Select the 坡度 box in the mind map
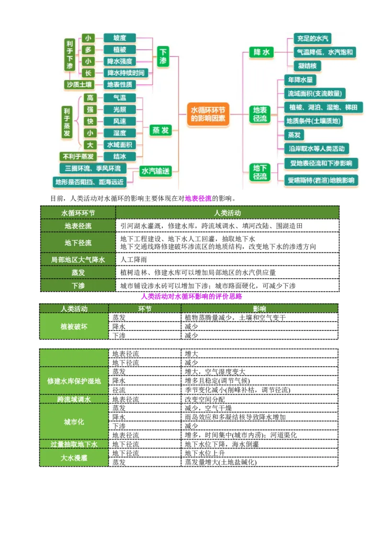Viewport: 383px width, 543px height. click(x=120, y=38)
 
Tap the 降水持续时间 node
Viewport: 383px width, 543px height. click(x=125, y=73)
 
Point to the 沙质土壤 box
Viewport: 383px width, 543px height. click(x=79, y=85)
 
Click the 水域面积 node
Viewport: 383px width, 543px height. click(x=120, y=145)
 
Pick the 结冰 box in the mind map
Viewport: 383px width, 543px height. click(x=120, y=157)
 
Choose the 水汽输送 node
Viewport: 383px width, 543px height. click(x=156, y=171)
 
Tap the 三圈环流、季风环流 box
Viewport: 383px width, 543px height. click(x=93, y=169)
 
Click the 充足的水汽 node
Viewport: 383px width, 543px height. click(x=313, y=39)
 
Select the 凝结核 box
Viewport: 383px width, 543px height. click(x=307, y=66)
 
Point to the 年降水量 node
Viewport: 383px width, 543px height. click(x=300, y=79)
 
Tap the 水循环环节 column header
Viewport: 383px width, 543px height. click(x=78, y=213)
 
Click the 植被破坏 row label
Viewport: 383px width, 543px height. click(x=74, y=327)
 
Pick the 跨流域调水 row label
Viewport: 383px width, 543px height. click(x=74, y=399)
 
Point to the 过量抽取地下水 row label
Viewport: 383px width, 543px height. click(x=74, y=444)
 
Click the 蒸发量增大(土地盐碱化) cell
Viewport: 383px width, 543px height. click(x=221, y=463)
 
